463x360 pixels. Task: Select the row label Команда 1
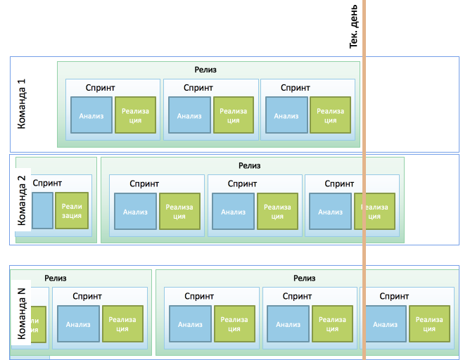pos(22,103)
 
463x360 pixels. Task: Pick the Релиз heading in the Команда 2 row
pos(249,166)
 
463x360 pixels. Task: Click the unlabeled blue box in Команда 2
pos(42,210)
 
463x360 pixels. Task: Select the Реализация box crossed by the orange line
pos(374,212)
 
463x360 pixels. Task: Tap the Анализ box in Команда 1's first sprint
pos(91,116)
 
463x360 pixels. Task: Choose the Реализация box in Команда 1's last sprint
pos(330,116)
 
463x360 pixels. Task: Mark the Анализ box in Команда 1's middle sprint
pos(189,116)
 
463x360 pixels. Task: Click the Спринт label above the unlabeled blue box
pos(47,183)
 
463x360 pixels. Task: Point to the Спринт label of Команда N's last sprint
pos(394,297)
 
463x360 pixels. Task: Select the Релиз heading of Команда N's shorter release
pos(56,278)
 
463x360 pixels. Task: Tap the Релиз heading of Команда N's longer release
pos(305,278)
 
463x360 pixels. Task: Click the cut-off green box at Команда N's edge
pos(37,325)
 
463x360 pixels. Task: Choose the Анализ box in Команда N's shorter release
pos(78,325)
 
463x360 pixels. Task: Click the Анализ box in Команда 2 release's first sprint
pos(135,212)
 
